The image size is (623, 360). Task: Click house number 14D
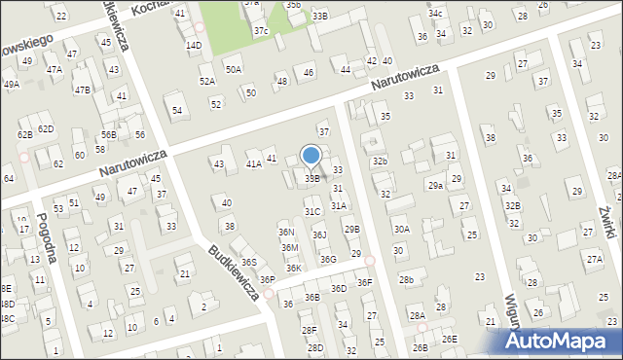tap(194, 45)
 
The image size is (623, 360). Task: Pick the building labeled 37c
tap(261, 31)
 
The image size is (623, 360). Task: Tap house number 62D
tap(46, 129)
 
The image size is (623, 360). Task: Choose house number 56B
tap(108, 135)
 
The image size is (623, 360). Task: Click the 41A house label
tap(253, 164)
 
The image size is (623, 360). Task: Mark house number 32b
tap(380, 161)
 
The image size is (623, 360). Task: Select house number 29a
tap(435, 185)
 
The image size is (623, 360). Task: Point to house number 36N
tap(286, 233)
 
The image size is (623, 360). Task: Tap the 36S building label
tap(249, 263)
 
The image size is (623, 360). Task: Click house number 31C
tap(311, 211)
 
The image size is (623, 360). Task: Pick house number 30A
tap(401, 229)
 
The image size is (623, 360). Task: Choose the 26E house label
tap(449, 339)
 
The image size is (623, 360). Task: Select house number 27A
tap(594, 259)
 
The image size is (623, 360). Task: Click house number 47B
tap(83, 90)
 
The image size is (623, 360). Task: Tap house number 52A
tap(207, 82)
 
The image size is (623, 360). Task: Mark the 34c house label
tap(436, 14)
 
